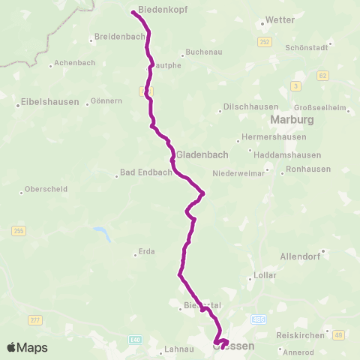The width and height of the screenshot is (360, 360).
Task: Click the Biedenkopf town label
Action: coord(163,10)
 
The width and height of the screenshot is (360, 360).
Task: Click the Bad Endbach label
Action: coord(142,175)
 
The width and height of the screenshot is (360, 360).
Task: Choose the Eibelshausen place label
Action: coord(50,102)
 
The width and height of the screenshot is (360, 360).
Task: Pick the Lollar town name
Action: coord(268,275)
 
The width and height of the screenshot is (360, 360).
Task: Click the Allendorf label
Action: coord(300,256)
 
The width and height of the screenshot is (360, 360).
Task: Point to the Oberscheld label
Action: coord(44,189)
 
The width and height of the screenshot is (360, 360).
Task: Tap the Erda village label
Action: coord(145,252)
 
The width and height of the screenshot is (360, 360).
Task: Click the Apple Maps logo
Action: coord(27,347)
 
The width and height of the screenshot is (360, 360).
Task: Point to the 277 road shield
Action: coord(34,321)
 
